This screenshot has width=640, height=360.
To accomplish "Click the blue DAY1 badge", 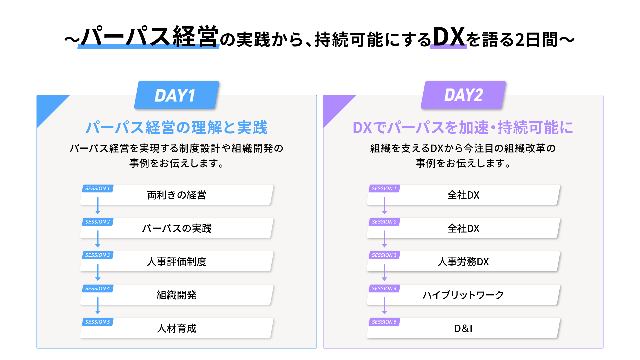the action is (177, 95).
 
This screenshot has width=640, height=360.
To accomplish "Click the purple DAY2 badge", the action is (463, 95).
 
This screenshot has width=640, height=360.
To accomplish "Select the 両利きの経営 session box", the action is (177, 195).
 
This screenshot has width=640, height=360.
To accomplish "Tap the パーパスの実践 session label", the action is (177, 228).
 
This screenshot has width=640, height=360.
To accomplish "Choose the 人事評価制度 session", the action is (177, 261).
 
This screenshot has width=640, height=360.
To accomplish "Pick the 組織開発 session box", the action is (177, 295).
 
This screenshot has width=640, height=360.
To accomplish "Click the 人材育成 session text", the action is (177, 328).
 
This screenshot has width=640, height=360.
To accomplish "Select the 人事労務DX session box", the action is (463, 261).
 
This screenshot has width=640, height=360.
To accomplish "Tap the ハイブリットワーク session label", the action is (463, 295).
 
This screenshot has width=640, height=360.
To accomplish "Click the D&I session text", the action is (463, 329).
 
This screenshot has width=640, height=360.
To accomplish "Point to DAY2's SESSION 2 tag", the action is (384, 222).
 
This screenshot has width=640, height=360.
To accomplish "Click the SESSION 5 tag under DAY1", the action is (98, 322).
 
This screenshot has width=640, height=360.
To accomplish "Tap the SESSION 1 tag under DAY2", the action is (384, 189).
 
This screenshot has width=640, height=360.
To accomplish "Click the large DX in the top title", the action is (449, 36).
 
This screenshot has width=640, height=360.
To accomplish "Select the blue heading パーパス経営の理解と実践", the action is (177, 128).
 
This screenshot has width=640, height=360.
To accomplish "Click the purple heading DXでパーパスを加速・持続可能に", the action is (463, 128).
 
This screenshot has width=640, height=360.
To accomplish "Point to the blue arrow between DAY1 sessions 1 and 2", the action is (98, 206).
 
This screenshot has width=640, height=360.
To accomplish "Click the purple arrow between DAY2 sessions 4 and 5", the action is (384, 306).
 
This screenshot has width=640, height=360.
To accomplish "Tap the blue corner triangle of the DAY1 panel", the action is (48, 106).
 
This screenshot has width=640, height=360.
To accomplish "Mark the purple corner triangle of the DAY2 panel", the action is (335, 106).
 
